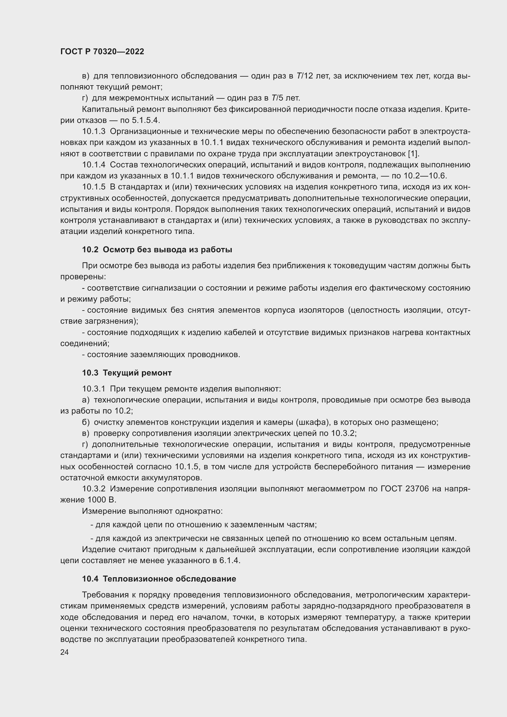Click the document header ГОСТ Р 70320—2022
[102, 52]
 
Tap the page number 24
[64, 652]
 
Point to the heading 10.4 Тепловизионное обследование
[159, 579]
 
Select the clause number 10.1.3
[94, 132]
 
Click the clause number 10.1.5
[94, 187]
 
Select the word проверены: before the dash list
[83, 277]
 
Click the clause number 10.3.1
[94, 389]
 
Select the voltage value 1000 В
[102, 500]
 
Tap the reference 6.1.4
[230, 560]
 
